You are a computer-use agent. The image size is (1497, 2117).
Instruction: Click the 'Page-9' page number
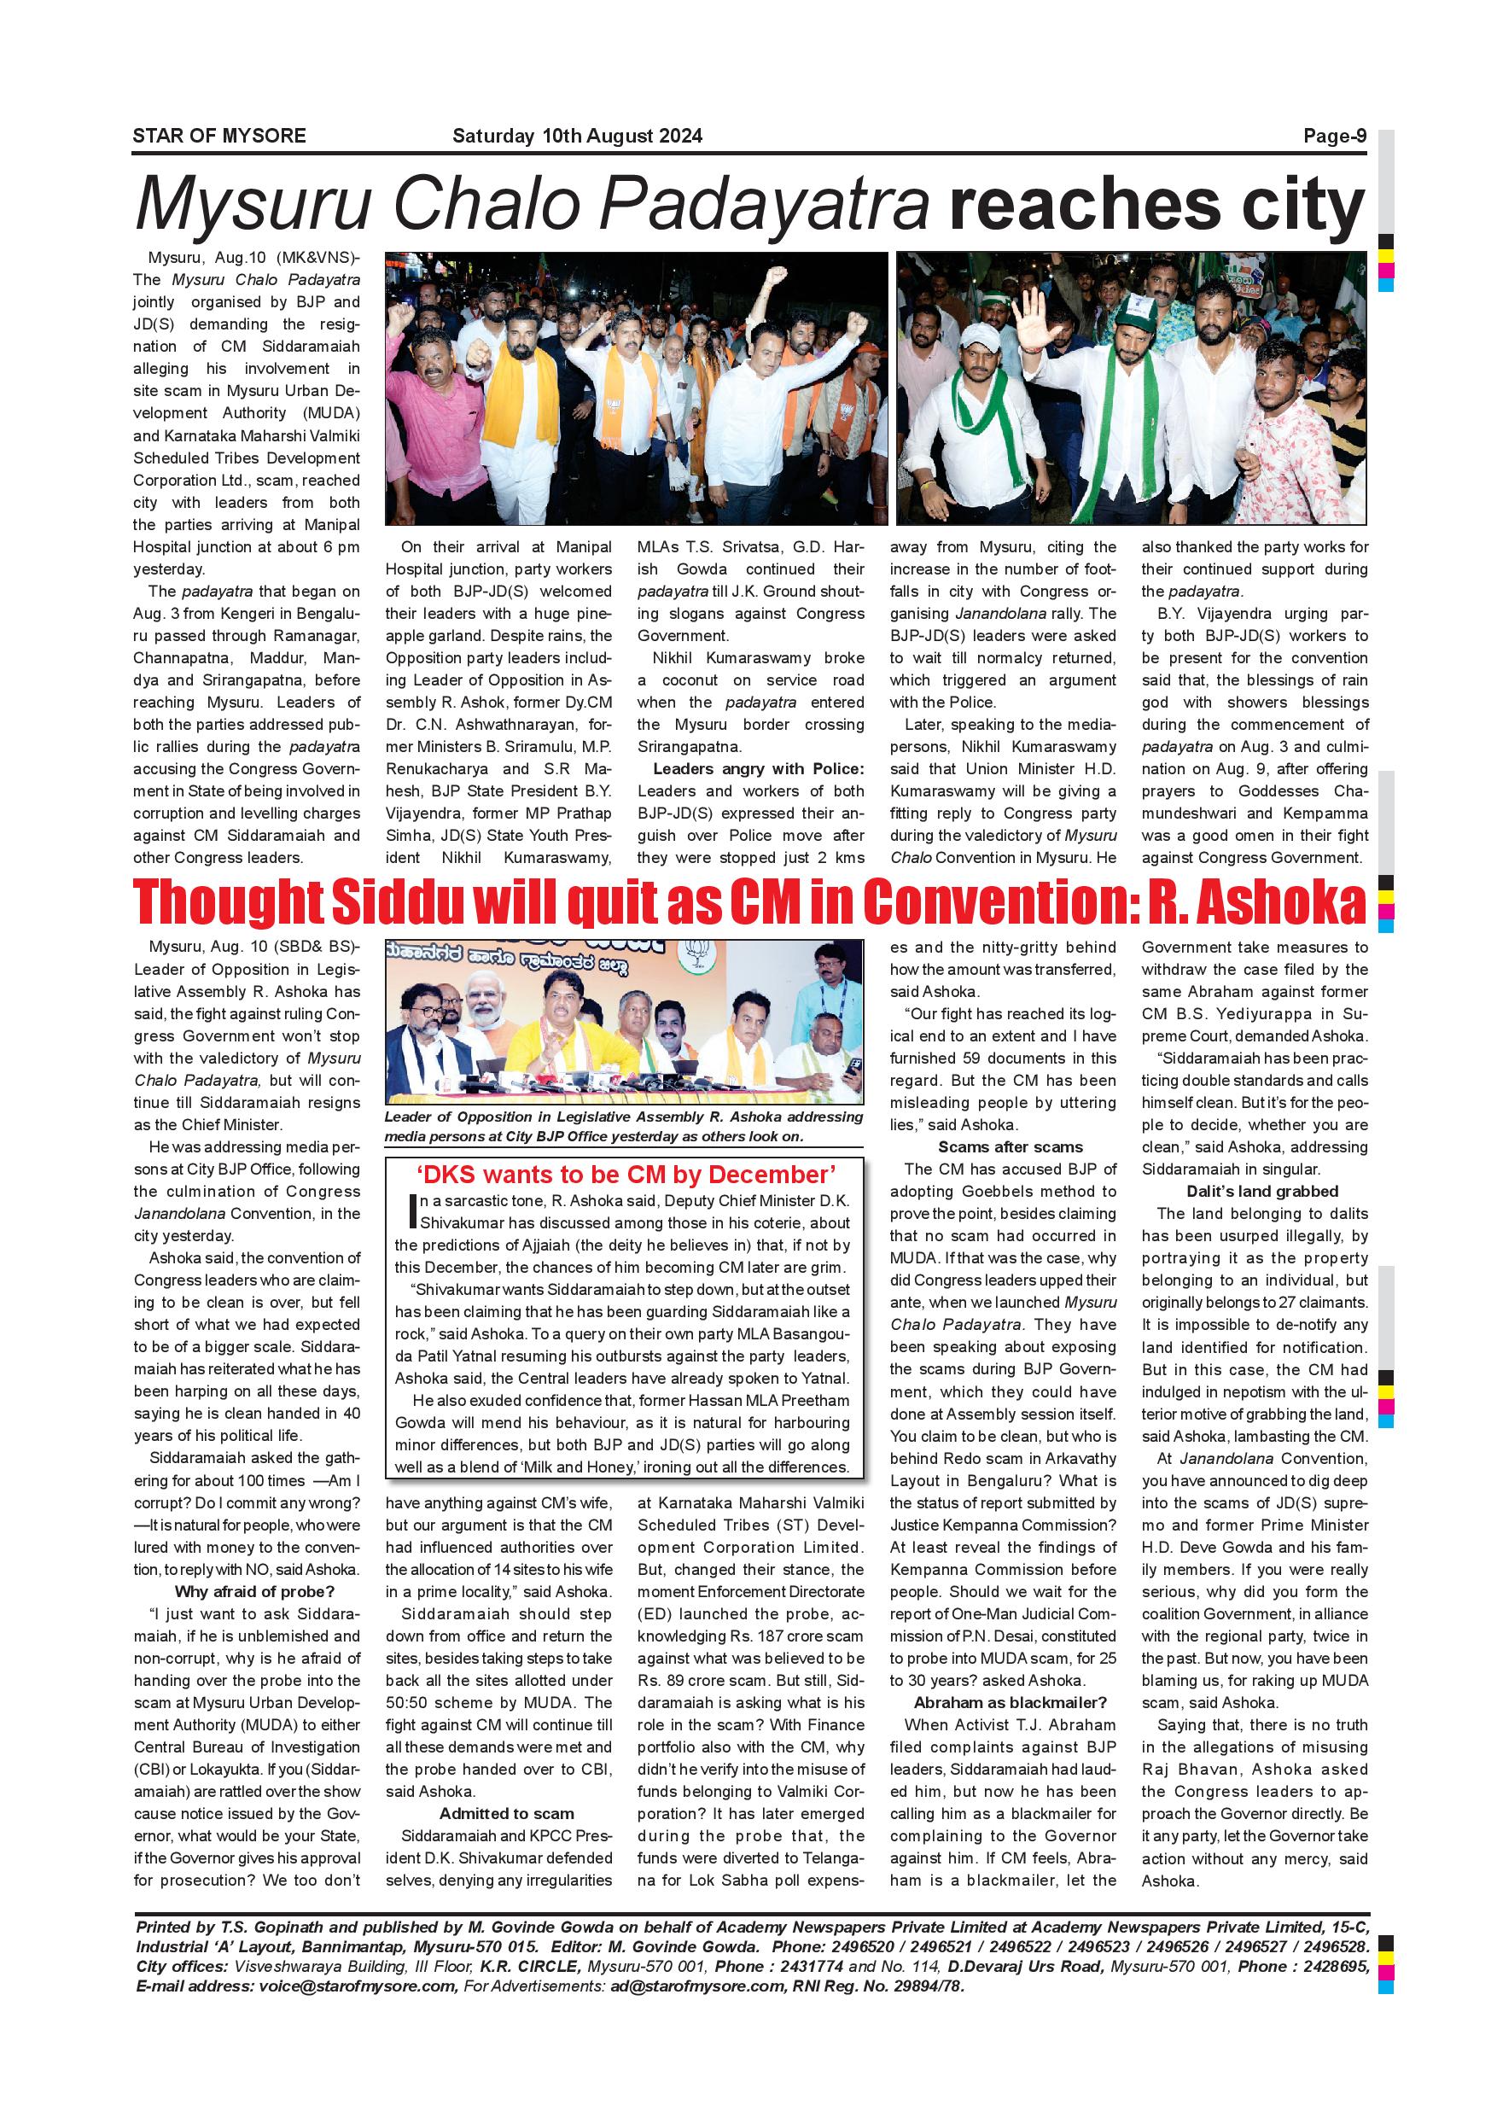coord(1334,137)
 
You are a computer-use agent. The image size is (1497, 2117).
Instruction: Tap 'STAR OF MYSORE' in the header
coord(219,137)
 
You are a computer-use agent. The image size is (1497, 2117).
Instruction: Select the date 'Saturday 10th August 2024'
coord(577,137)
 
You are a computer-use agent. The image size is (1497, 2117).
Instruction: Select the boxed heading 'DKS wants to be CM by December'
coord(626,1175)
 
